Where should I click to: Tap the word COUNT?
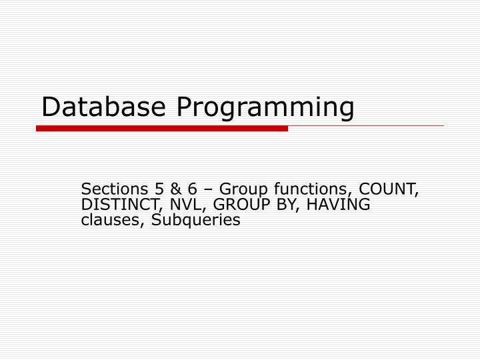tap(389, 189)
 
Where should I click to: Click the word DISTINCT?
tap(115, 204)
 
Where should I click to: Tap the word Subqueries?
tap(196, 221)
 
